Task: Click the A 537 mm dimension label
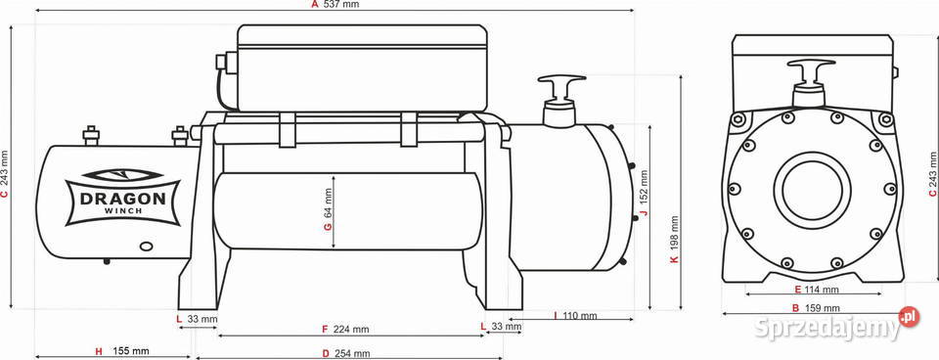(335, 5)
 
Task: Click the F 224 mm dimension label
(345, 329)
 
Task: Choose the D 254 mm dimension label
(346, 353)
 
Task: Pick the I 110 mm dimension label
(575, 316)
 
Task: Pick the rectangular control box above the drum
(362, 67)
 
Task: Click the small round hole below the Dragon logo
(147, 247)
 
